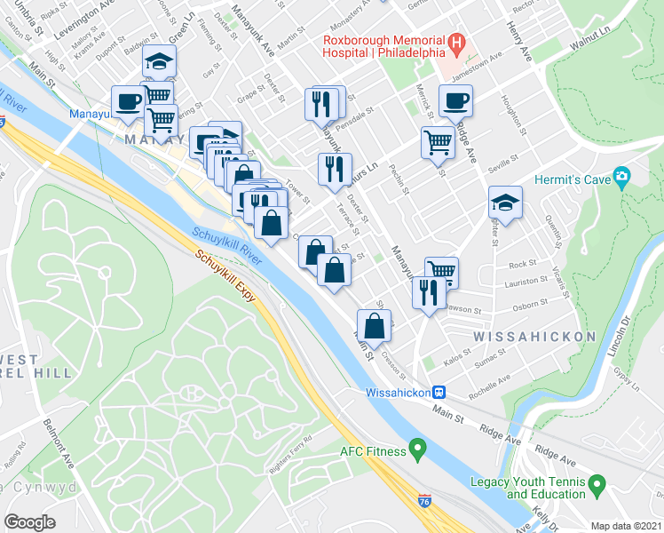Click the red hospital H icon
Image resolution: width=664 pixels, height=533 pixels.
[456, 42]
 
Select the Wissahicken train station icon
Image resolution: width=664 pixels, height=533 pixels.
[438, 392]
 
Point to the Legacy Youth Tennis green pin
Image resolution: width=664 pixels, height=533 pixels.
[597, 486]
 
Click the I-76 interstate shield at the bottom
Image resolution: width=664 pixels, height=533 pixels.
[425, 502]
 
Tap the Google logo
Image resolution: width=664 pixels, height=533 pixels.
[30, 521]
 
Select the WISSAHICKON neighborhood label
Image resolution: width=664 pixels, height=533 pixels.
[534, 338]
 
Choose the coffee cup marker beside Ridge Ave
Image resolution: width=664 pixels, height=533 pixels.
[456, 102]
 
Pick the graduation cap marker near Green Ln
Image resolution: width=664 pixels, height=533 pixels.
[160, 60]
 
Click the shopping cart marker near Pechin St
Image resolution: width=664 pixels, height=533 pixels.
[438, 142]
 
